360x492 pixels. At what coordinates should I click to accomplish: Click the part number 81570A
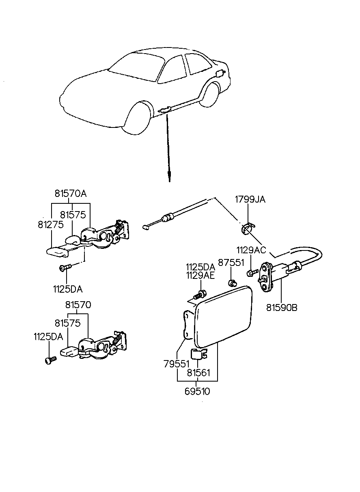[71, 194]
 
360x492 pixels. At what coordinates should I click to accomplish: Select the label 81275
[51, 224]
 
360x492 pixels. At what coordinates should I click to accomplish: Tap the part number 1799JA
[250, 199]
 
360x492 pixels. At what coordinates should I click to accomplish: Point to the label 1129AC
[252, 250]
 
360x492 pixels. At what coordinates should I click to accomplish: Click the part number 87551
[231, 263]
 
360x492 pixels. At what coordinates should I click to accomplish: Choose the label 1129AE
[200, 276]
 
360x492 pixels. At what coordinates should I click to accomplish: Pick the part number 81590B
[282, 308]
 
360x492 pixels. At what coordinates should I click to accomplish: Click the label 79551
[177, 364]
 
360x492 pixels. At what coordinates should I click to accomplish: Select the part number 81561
[198, 372]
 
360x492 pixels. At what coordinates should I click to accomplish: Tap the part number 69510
[198, 392]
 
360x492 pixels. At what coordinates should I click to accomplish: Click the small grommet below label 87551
[233, 282]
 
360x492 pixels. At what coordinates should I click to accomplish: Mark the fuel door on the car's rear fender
[220, 73]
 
